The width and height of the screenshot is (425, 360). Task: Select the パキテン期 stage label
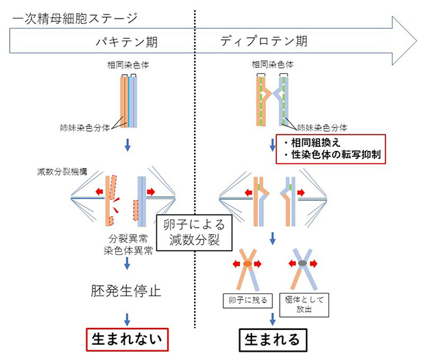point(127,42)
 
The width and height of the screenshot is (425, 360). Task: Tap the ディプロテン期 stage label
point(264,42)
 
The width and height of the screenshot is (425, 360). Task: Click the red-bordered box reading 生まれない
point(127,339)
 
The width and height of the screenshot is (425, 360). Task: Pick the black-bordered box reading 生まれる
point(273,339)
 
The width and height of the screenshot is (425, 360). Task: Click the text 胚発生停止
point(126,290)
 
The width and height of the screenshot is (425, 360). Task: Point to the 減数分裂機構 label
point(62,173)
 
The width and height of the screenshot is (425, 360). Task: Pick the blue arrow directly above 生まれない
point(127,317)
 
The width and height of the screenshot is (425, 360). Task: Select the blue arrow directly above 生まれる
point(273,318)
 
